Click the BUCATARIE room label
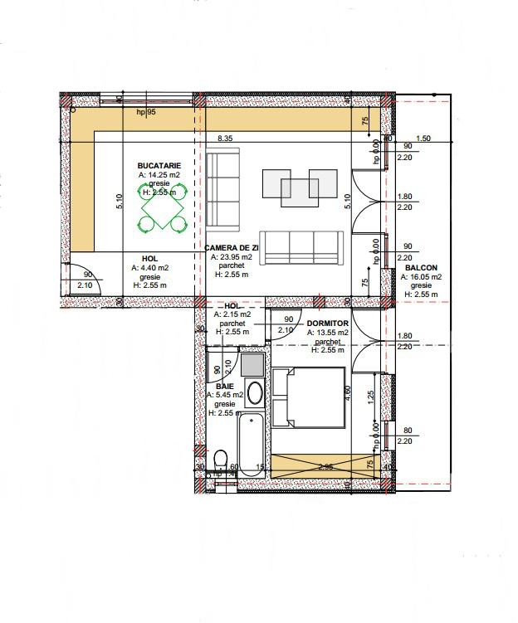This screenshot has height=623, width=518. pyautogui.click(x=159, y=166)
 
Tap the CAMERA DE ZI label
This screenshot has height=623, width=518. pyautogui.click(x=232, y=248)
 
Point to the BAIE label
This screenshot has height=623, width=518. pyautogui.click(x=225, y=387)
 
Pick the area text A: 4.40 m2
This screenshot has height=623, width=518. pyautogui.click(x=149, y=268)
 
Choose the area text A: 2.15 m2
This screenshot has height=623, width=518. pyautogui.click(x=232, y=314)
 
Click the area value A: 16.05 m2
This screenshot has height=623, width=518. pyautogui.click(x=423, y=277)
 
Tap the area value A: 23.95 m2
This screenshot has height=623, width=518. pyautogui.click(x=232, y=257)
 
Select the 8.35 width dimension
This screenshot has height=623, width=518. pyautogui.click(x=225, y=139)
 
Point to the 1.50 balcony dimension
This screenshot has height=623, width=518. pyautogui.click(x=423, y=139)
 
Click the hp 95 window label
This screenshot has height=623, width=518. pyautogui.click(x=146, y=111)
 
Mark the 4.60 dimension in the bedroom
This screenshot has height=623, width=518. pyautogui.click(x=348, y=392)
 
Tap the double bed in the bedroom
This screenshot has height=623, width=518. pyautogui.click(x=309, y=399)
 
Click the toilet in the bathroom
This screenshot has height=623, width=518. pyautogui.click(x=220, y=460)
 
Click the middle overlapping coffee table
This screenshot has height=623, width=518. pyautogui.click(x=299, y=192)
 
